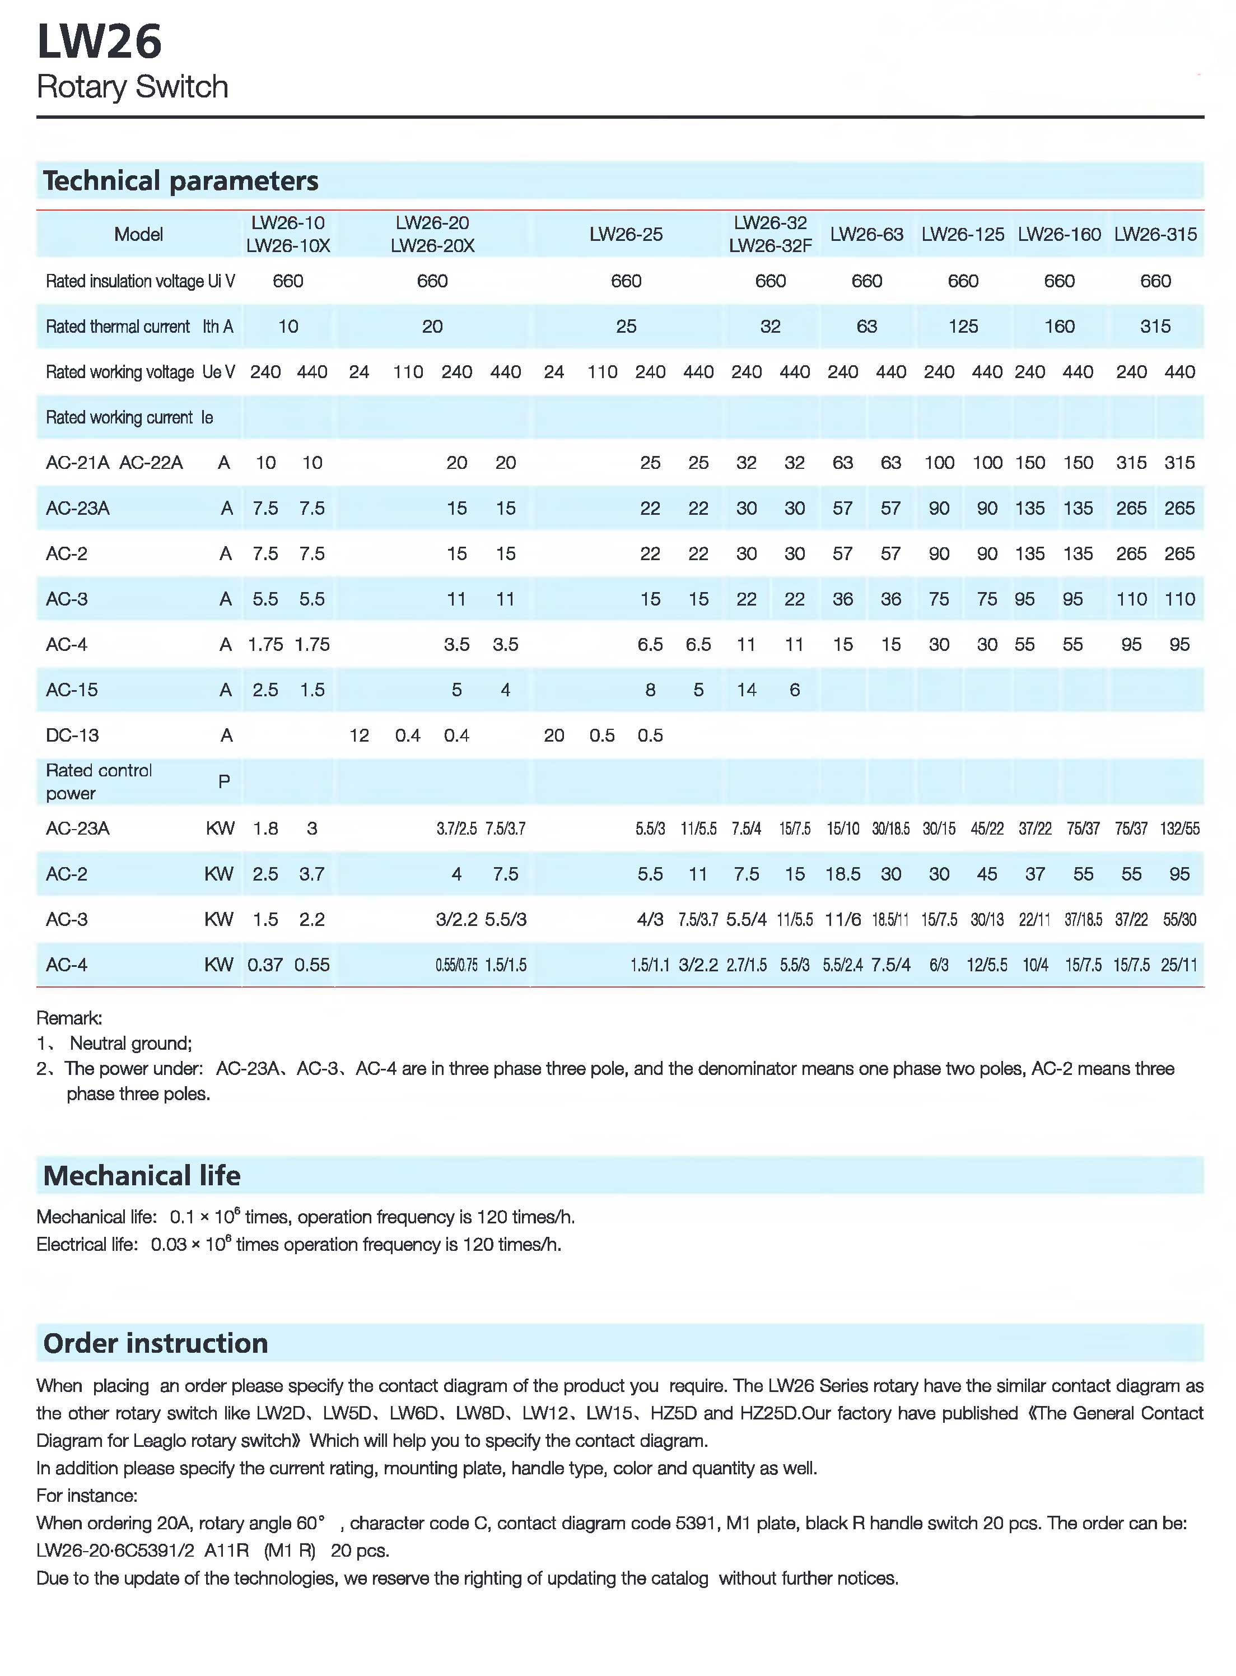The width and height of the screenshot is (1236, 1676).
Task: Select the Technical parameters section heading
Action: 180,181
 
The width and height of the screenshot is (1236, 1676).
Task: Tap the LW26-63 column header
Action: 866,234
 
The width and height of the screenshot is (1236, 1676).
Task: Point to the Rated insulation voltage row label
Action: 140,281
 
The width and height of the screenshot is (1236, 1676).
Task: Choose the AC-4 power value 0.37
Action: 265,965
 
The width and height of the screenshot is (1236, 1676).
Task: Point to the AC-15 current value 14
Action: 746,690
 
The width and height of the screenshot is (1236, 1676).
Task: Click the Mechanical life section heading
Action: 142,1175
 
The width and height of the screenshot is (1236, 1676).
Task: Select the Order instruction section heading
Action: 156,1343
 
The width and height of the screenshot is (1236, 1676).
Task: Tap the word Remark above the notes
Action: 69,1018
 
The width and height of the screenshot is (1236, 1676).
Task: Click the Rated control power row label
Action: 98,781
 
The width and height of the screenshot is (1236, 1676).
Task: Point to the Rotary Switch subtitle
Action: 132,87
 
